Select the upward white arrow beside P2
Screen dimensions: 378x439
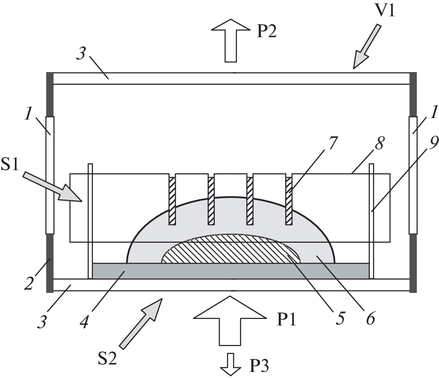[x=230, y=42]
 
